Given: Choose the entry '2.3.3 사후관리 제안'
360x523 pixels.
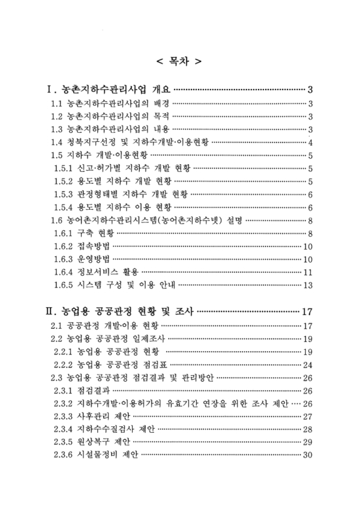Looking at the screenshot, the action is (x=94, y=416).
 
